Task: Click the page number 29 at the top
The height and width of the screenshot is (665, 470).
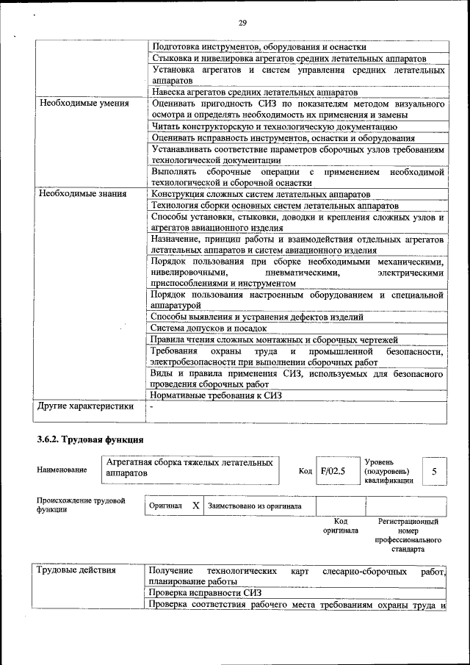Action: (x=242, y=24)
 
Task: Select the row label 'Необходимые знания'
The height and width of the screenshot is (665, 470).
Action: (x=82, y=194)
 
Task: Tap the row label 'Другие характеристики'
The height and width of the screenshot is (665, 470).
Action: (x=86, y=406)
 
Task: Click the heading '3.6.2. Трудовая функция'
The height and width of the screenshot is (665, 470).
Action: (x=90, y=439)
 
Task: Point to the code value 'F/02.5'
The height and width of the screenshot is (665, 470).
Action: (x=333, y=471)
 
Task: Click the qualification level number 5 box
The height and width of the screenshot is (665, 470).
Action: (x=435, y=471)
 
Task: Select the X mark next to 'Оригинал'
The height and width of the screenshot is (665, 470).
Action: (x=196, y=506)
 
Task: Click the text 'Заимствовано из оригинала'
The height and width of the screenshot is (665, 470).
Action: (x=254, y=506)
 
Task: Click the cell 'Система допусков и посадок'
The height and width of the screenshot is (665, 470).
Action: (x=209, y=328)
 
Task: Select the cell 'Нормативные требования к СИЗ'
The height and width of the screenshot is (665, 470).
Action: (x=216, y=395)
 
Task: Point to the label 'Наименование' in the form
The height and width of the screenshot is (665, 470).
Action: (x=62, y=470)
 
